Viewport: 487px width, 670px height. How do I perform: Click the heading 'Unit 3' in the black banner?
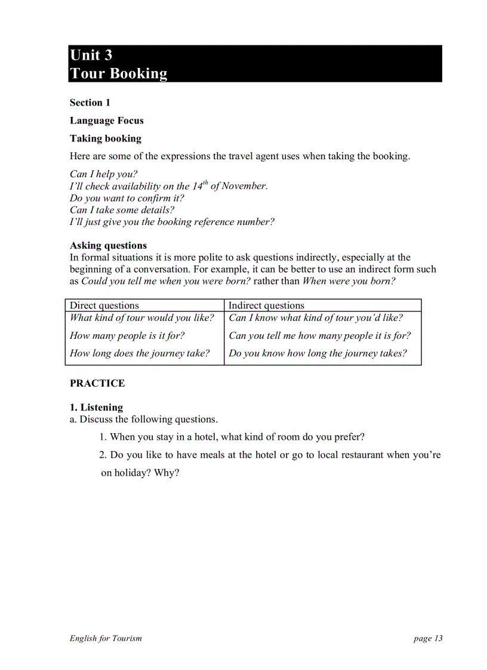click(x=91, y=55)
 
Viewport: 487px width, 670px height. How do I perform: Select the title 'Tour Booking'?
click(x=118, y=73)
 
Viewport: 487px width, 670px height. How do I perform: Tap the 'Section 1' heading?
click(x=90, y=103)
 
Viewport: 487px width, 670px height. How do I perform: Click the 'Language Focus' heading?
click(x=107, y=121)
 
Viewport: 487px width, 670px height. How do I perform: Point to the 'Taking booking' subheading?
click(x=106, y=138)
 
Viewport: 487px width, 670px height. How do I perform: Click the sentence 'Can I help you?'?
click(x=103, y=174)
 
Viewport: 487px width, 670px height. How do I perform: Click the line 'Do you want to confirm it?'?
click(x=127, y=198)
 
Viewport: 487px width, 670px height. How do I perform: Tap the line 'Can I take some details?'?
click(x=122, y=210)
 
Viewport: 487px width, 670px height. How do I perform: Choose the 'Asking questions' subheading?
click(x=108, y=245)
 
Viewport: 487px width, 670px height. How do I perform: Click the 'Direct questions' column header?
click(x=104, y=305)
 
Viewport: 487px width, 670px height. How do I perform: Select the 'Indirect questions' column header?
click(x=266, y=305)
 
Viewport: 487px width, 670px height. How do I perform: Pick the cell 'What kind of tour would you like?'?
click(x=142, y=317)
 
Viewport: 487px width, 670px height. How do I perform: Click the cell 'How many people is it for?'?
click(x=127, y=335)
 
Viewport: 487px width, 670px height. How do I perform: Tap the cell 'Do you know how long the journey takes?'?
click(x=318, y=353)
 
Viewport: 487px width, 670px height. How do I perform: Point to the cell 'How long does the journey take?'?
click(x=140, y=353)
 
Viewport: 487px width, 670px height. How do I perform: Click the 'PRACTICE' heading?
click(x=97, y=383)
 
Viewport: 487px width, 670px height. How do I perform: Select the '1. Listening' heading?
click(x=96, y=407)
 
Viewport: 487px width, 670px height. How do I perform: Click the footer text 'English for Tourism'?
click(x=106, y=638)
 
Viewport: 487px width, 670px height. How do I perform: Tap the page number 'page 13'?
click(x=428, y=638)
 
